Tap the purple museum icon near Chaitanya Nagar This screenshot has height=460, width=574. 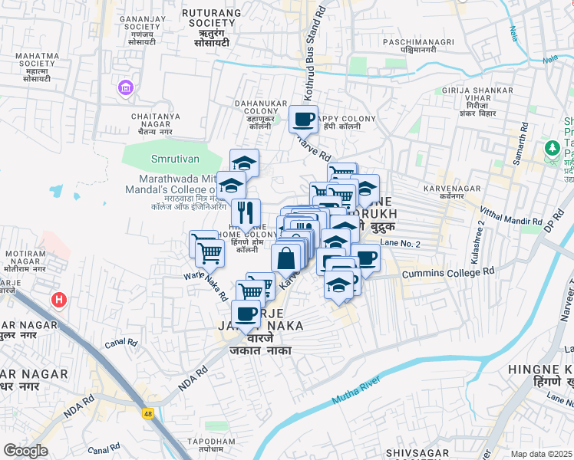[125, 90]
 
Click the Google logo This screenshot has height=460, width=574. [25, 451]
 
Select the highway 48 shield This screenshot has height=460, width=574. [147, 413]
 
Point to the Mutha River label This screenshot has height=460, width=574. [355, 390]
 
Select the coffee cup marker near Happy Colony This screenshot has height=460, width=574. [303, 120]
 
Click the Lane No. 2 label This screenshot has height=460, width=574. [401, 242]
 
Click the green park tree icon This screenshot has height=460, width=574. [551, 147]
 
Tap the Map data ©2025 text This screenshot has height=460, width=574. [542, 454]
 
